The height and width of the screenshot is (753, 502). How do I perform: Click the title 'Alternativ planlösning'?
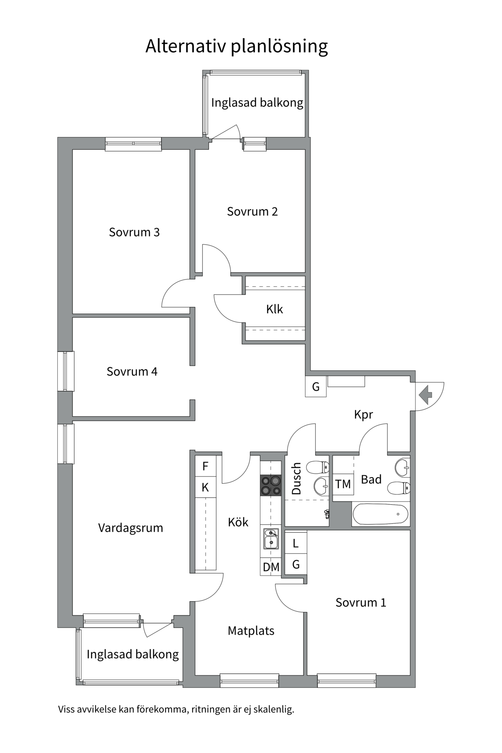click(236, 47)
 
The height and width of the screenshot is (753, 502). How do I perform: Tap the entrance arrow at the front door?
click(426, 395)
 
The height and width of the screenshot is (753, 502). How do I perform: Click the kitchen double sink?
click(271, 538)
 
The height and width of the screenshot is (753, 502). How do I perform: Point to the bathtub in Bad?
click(381, 514)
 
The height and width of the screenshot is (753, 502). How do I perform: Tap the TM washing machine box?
click(343, 484)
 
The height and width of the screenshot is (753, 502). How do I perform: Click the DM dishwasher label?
click(271, 567)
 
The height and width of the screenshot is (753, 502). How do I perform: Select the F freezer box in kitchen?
click(206, 466)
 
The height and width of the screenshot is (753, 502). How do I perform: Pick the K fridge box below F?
click(206, 487)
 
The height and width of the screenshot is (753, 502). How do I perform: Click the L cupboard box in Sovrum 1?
click(296, 543)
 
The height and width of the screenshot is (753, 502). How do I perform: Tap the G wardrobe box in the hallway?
click(316, 387)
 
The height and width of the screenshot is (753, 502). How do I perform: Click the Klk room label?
click(275, 309)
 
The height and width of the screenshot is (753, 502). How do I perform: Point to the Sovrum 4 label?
click(132, 371)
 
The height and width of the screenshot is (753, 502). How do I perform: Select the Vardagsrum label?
click(131, 528)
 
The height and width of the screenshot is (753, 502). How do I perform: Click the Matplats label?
click(251, 631)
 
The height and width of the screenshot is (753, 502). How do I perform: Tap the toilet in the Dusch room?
click(318, 467)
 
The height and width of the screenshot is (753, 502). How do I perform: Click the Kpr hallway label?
click(364, 415)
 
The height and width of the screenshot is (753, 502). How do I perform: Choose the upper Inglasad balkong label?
click(257, 103)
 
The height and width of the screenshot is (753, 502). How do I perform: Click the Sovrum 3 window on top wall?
click(133, 144)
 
